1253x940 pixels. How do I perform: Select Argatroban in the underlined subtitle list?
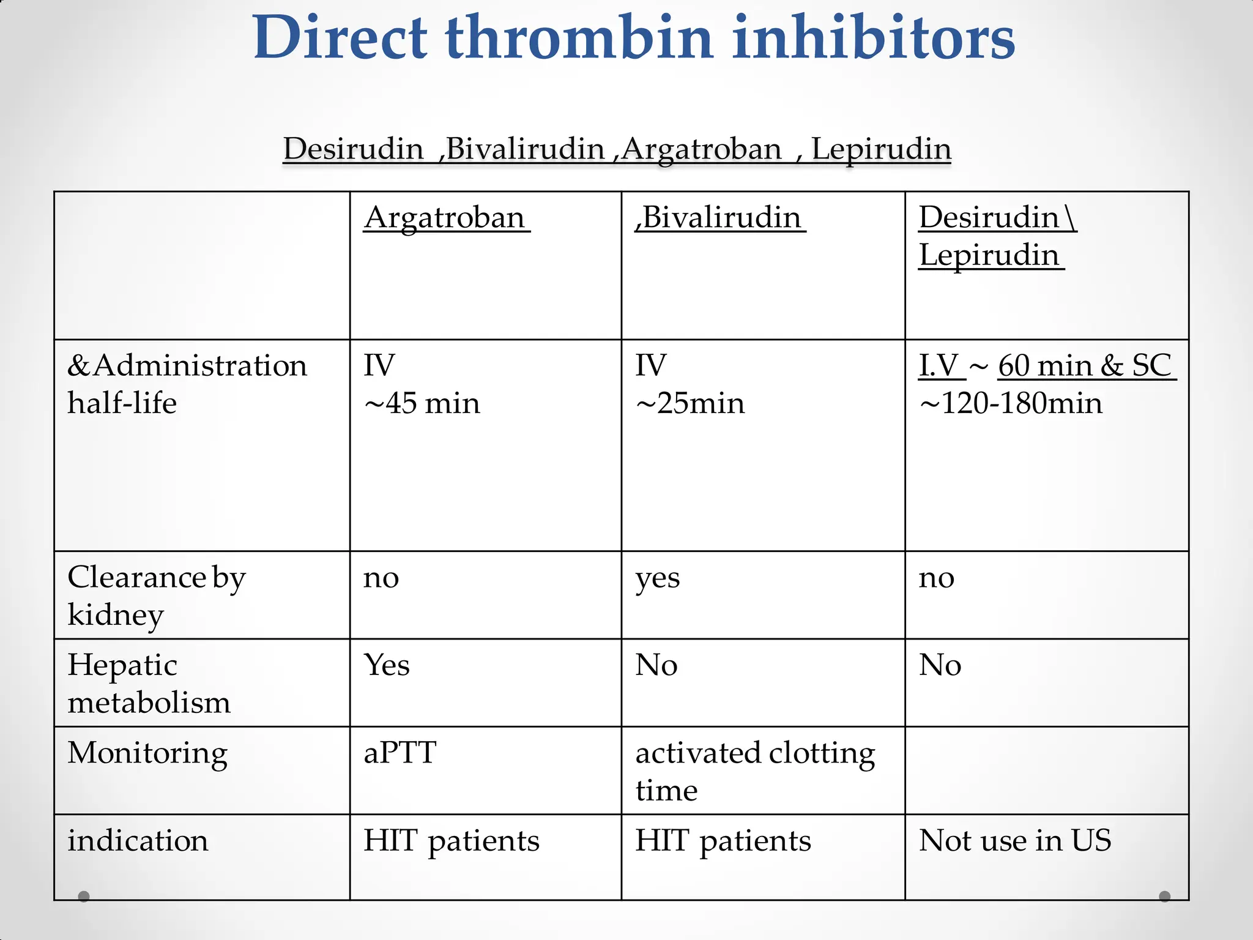point(702,149)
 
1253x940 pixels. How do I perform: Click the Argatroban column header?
point(445,218)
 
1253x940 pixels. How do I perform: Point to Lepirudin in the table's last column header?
point(989,255)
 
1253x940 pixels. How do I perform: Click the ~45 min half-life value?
point(422,403)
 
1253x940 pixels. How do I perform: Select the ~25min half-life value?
point(690,403)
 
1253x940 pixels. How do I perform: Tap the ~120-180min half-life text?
point(1011,403)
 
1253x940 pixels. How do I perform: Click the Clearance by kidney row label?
point(156,595)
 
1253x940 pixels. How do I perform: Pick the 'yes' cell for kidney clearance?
point(658,578)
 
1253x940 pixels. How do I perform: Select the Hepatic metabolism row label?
point(149,683)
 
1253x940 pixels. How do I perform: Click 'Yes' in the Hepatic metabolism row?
point(387,665)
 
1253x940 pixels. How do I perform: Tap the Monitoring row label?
point(147,753)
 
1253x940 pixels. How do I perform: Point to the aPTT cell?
point(400,752)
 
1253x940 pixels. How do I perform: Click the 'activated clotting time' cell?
point(755,770)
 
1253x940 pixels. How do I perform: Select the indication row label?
point(138,840)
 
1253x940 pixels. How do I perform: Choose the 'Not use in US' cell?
point(1015,840)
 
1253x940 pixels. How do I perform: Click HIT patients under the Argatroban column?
point(452,841)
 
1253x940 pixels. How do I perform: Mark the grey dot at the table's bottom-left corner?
point(84,897)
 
